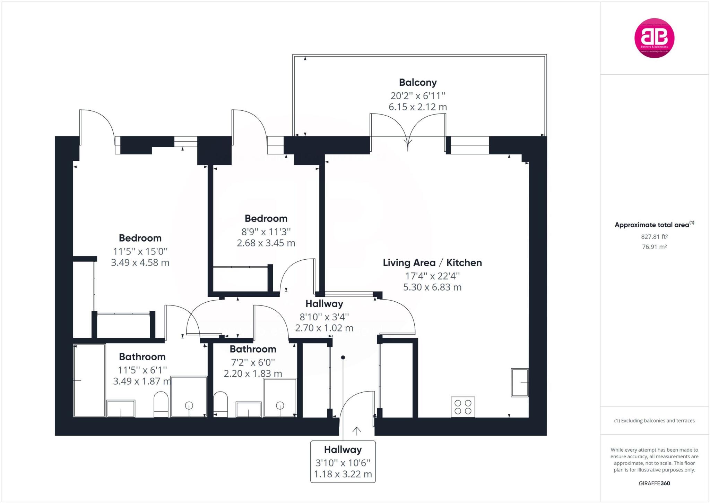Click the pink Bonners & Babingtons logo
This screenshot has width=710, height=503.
[x=654, y=38]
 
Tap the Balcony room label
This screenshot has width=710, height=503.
[x=417, y=83]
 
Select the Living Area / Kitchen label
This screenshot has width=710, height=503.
[x=432, y=263]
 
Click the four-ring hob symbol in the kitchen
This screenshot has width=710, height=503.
[x=463, y=407]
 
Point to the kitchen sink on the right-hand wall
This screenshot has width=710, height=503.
[x=519, y=383]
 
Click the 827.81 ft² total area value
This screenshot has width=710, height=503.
[x=654, y=237]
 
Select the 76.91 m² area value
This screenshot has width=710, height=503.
[x=654, y=247]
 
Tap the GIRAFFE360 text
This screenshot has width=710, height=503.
[x=654, y=483]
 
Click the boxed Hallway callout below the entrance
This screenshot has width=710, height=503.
[x=343, y=461]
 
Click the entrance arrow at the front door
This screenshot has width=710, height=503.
[x=357, y=431]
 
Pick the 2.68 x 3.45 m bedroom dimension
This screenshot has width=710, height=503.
[x=266, y=243]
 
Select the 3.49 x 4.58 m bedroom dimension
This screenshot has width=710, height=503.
[x=140, y=262]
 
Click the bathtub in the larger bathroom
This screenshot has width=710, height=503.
[x=89, y=380]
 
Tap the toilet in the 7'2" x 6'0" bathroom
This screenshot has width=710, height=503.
[x=220, y=404]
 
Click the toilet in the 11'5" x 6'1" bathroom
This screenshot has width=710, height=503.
[x=161, y=404]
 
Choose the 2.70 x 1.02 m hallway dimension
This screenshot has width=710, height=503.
[x=324, y=328]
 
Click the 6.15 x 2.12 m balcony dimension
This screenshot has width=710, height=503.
[x=417, y=107]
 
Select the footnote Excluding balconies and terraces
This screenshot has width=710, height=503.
[x=654, y=421]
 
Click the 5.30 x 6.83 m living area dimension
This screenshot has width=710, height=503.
[x=432, y=287]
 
